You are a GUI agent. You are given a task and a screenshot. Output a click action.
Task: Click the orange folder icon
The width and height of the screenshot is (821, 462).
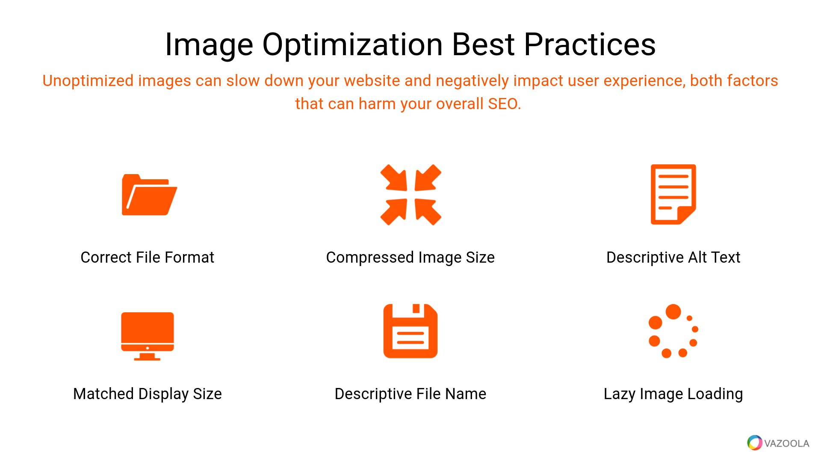pyautogui.click(x=149, y=195)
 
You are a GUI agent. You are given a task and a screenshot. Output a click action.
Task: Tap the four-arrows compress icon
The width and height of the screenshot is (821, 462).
pyautogui.click(x=410, y=195)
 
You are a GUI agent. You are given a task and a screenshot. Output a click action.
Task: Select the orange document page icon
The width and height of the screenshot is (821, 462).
pyautogui.click(x=673, y=194)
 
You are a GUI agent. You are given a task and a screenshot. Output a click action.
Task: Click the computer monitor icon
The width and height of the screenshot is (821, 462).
pyautogui.click(x=148, y=336)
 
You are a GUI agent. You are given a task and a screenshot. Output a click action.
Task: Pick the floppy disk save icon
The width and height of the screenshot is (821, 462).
pyautogui.click(x=410, y=331)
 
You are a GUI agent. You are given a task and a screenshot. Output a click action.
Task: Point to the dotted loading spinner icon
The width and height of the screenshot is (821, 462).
pyautogui.click(x=673, y=331)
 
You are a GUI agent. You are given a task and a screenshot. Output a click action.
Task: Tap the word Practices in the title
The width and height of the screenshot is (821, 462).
pyautogui.click(x=590, y=44)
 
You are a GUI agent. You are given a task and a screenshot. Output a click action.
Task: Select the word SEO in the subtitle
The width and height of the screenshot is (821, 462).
pyautogui.click(x=505, y=104)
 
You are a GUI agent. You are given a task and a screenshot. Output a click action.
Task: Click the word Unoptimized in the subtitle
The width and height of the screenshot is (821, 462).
pyautogui.click(x=88, y=81)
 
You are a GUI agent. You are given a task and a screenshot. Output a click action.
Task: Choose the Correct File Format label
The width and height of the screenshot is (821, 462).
pyautogui.click(x=148, y=257)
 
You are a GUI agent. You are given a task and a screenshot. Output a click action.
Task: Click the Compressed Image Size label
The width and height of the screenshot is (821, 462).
pyautogui.click(x=410, y=258)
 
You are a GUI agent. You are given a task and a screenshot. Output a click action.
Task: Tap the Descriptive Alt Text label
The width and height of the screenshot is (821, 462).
pyautogui.click(x=673, y=258)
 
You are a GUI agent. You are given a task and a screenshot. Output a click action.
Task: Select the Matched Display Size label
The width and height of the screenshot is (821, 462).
pyautogui.click(x=148, y=394)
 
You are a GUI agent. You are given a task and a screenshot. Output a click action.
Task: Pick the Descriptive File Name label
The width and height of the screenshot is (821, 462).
pyautogui.click(x=410, y=394)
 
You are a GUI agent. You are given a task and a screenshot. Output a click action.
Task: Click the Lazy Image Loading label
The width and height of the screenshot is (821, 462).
pyautogui.click(x=673, y=394)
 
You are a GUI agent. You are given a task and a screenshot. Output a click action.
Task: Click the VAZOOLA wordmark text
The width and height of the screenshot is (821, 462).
pyautogui.click(x=787, y=443)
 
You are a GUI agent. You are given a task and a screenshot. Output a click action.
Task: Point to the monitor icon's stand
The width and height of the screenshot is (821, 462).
pyautogui.click(x=148, y=357)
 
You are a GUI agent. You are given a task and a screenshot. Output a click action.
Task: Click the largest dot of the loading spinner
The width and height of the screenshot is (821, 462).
pyautogui.click(x=673, y=311)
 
